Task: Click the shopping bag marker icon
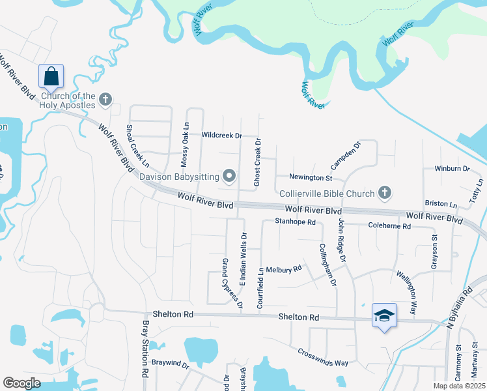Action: tap(51, 76)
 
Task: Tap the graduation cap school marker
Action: tap(384, 315)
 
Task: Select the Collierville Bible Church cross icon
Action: tap(385, 193)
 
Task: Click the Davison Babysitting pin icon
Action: tap(229, 176)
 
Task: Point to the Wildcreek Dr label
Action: tap(221, 136)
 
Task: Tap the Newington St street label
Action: tap(311, 177)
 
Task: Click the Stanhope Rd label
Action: tap(295, 222)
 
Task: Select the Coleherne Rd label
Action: tap(389, 226)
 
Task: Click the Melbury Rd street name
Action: tap(284, 268)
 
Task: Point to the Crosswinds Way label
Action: tap(324, 357)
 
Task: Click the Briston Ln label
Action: tap(441, 204)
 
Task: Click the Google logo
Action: tap(21, 383)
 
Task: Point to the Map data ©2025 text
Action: tap(460, 386)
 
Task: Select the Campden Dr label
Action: tap(346, 155)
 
